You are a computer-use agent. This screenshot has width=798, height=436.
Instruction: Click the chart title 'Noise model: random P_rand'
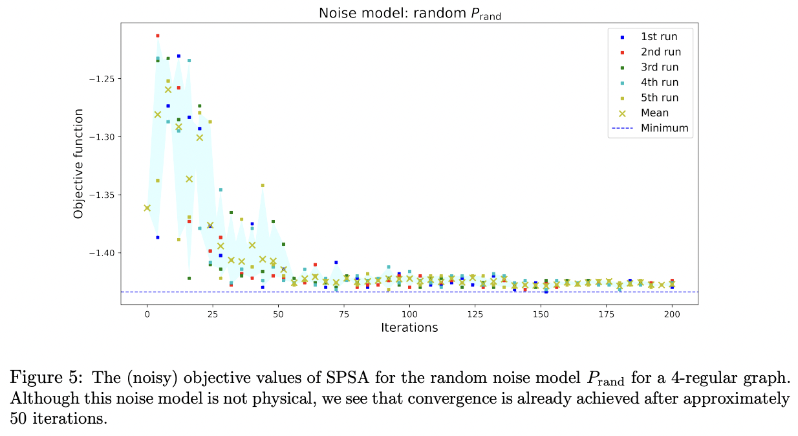(x=409, y=13)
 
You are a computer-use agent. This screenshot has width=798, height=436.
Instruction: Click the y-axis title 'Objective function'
(x=78, y=164)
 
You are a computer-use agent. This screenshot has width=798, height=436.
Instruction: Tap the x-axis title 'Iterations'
(x=409, y=328)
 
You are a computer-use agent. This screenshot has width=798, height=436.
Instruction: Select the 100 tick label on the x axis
(x=409, y=314)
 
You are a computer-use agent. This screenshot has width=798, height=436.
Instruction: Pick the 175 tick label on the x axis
(x=606, y=314)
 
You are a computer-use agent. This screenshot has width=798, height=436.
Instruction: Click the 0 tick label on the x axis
(x=147, y=314)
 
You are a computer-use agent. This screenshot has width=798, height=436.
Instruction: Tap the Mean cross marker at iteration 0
(x=147, y=208)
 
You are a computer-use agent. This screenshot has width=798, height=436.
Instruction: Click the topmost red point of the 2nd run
(x=158, y=36)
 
